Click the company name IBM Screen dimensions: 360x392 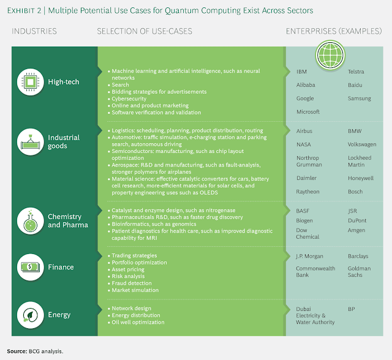pos(302,72)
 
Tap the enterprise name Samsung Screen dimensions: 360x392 pos(360,99)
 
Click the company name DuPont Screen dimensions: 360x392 pos(358,220)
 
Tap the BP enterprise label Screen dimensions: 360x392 pos(352,309)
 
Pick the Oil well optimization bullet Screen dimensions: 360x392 pos(138,322)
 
